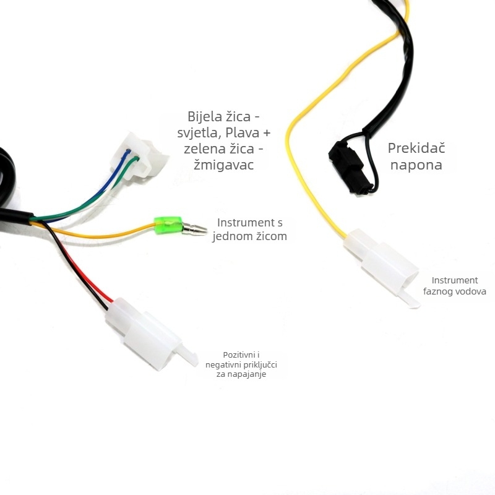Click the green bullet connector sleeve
tap(168, 226)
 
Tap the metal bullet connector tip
tap(194, 228)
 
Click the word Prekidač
tap(416, 148)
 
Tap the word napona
tap(416, 165)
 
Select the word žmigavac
tap(223, 165)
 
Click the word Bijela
tap(204, 116)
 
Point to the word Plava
tap(243, 132)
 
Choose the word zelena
tap(204, 148)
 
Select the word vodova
tap(470, 291)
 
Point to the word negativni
tap(223, 365)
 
